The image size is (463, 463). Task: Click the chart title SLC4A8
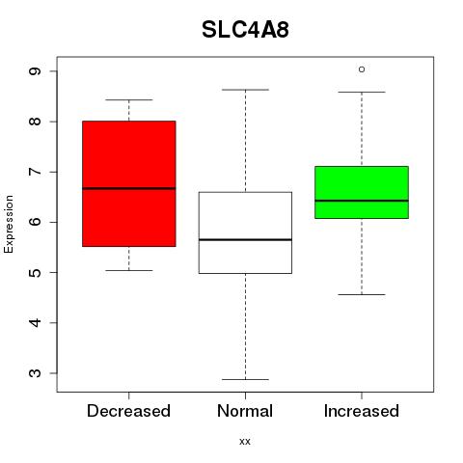pos(245,30)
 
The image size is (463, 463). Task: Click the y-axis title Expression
pos(9,224)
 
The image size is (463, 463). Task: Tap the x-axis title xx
pos(245,442)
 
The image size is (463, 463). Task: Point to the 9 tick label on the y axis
pos(35,70)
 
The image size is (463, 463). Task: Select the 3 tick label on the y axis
pos(35,373)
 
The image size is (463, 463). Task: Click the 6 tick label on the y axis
pos(35,222)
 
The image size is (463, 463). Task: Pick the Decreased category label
pos(128,411)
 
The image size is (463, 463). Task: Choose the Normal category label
pos(245,411)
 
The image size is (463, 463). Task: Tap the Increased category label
pos(362,411)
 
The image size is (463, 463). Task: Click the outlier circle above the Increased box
pos(362,69)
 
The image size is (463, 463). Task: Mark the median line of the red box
pos(129,188)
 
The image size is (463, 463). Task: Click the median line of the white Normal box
pos(245,239)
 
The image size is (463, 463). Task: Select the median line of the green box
pos(362,201)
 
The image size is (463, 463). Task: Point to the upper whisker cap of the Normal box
pos(245,90)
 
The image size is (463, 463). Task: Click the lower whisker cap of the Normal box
pos(245,379)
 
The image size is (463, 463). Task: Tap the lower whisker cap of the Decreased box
pos(129,270)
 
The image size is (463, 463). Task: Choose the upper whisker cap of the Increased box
pos(362,93)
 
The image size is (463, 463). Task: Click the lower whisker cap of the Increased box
pos(362,294)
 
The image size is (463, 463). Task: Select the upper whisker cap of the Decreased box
pos(129,99)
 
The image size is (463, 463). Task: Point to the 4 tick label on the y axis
pos(35,322)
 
